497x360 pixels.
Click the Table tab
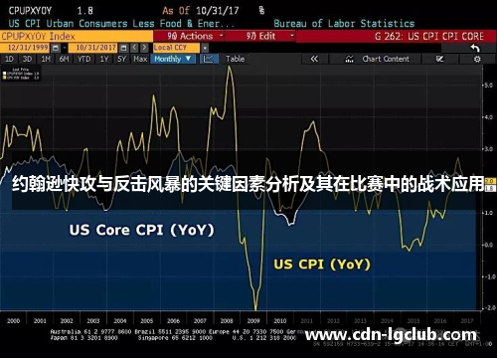click(235, 59)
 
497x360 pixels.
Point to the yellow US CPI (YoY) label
click(321, 265)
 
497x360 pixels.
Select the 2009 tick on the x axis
click(254, 321)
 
